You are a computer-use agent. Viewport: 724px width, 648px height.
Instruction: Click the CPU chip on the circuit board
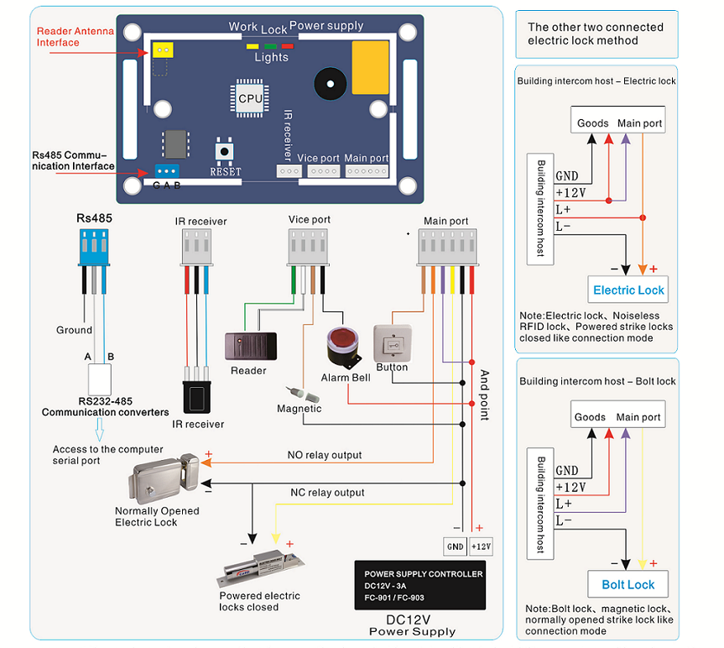pos(250,98)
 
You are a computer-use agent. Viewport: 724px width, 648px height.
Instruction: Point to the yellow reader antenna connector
pos(162,51)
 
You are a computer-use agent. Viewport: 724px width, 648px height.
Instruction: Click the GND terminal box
pos(455,546)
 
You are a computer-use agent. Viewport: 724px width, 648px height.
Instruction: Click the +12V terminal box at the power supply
pos(481,546)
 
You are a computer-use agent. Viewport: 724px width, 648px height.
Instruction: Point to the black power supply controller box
pos(419,585)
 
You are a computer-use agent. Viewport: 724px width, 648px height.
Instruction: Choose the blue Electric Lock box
pos(628,290)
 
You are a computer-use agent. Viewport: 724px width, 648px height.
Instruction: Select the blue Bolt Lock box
pos(628,584)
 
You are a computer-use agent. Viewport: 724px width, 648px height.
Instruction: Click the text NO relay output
pos(325,455)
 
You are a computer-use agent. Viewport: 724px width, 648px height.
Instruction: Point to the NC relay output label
pos(327,492)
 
